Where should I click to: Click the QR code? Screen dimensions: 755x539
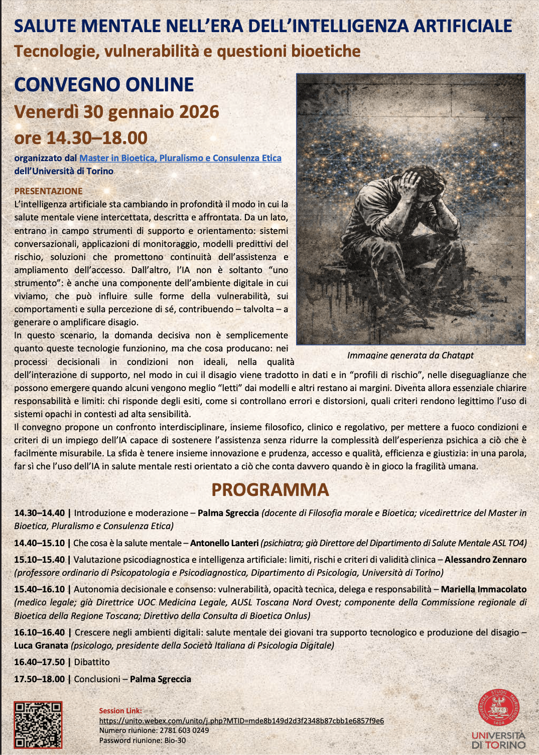[38, 725]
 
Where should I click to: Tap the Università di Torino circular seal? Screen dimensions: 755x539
[498, 708]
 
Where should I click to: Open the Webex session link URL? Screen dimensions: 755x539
[241, 720]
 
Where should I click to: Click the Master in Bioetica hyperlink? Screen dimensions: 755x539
[180, 158]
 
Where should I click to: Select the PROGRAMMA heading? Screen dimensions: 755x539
[270, 489]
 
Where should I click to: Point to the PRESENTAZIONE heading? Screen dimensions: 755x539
[48, 191]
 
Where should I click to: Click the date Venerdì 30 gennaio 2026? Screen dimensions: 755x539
[116, 112]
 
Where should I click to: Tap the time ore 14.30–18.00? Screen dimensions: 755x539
[81, 138]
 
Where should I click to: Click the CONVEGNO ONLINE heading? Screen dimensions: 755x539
[104, 84]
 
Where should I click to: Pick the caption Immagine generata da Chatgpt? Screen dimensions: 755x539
[410, 355]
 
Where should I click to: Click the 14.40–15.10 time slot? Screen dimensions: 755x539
[39, 543]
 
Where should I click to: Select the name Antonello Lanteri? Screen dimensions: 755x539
[224, 543]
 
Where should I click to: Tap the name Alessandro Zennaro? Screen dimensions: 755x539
[485, 560]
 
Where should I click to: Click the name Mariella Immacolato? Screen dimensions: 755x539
[483, 589]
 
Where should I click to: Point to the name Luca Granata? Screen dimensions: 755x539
[41, 646]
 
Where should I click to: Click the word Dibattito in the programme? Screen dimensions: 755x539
[92, 662]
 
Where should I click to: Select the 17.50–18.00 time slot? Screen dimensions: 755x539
[39, 679]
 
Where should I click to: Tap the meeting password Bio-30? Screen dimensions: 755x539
[174, 740]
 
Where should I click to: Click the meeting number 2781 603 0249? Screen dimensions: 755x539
[184, 730]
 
